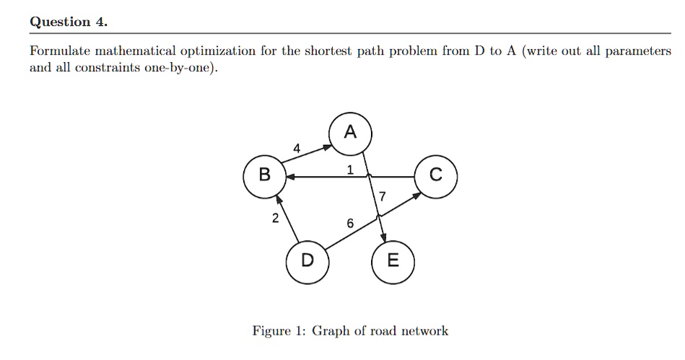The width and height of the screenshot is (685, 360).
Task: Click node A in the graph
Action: pyautogui.click(x=350, y=132)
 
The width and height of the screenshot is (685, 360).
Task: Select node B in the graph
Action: pyautogui.click(x=264, y=175)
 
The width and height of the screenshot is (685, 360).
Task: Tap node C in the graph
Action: pyautogui.click(x=435, y=175)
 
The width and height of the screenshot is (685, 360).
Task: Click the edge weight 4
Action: pyautogui.click(x=297, y=149)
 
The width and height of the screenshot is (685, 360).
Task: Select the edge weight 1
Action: pyautogui.click(x=349, y=170)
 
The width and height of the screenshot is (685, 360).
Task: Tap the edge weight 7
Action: pyautogui.click(x=382, y=196)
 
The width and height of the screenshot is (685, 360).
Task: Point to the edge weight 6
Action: pyautogui.click(x=349, y=224)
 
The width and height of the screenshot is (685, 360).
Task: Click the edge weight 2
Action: pyautogui.click(x=275, y=219)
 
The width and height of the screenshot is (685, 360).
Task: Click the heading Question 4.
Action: pyautogui.click(x=69, y=22)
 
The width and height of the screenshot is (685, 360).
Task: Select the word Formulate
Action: pyautogui.click(x=60, y=51)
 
